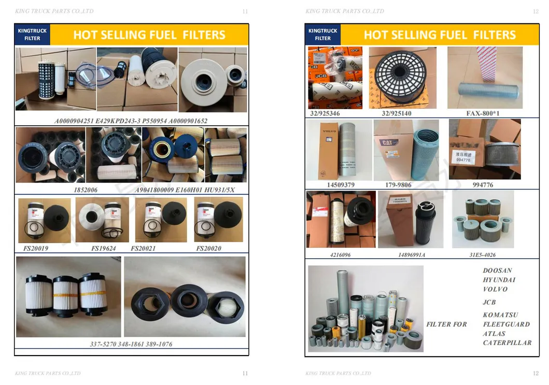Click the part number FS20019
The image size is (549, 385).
[36, 248]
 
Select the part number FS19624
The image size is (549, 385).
[104, 248]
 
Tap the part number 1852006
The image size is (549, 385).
[86, 190]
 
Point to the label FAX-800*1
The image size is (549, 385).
[483, 113]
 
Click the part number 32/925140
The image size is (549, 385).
[396, 113]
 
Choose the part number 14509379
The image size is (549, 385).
[341, 185]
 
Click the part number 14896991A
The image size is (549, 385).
[412, 255]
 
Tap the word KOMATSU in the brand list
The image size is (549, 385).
[500, 315]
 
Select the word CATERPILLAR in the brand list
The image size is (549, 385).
[507, 343]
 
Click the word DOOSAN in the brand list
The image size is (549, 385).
[497, 271]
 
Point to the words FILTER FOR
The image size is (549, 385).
[446, 324]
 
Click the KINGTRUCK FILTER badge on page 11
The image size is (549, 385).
[32, 35]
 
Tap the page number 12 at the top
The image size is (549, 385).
[536, 11]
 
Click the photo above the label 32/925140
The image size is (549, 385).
[402, 78]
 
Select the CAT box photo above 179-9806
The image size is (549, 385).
[406, 150]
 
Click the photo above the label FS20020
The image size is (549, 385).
[218, 220]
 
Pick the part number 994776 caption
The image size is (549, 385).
[483, 185]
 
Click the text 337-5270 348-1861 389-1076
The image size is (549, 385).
[131, 344]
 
